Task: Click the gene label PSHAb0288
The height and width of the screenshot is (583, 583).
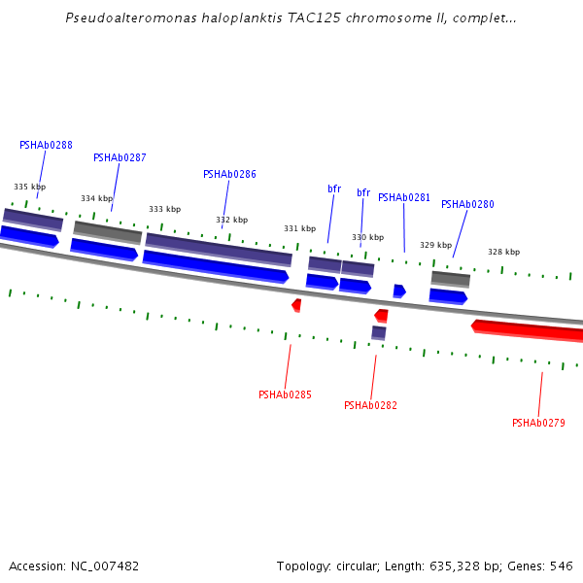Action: coord(46,145)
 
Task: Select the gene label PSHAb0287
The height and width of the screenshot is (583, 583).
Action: coord(120,157)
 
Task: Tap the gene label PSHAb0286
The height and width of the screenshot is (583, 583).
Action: coord(229,174)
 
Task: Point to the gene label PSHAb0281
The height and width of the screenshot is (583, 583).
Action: coord(404,197)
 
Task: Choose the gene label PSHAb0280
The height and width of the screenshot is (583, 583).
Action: coord(467,204)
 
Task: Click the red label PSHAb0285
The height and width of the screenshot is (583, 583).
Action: coord(285,394)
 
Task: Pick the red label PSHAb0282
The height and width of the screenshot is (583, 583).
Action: coord(370,405)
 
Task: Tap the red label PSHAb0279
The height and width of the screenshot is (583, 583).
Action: coord(538,423)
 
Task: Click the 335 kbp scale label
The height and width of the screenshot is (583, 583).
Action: coord(29,187)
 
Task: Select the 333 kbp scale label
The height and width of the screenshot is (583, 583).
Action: coord(164,209)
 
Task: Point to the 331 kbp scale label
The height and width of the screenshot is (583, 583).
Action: coord(299,228)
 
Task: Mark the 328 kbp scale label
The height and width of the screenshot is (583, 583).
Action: coord(503,252)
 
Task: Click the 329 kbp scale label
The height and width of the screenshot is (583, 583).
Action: coord(435,245)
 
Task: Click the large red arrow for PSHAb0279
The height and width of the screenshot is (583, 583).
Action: coord(530,329)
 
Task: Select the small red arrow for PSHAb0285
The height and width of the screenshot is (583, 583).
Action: coord(296,305)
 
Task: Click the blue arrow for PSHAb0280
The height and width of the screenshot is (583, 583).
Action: coord(448,295)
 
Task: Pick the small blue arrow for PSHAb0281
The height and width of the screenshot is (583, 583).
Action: coord(398,291)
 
